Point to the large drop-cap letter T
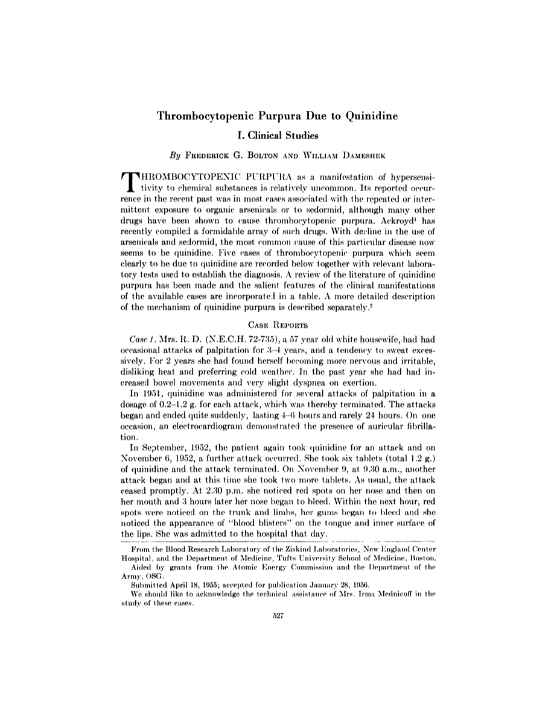click(129, 183)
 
